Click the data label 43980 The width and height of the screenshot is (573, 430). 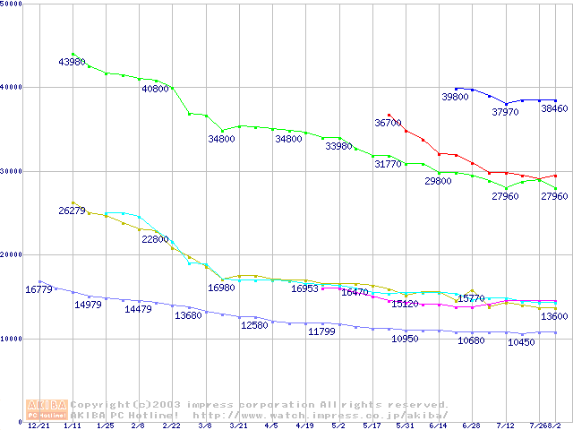point(72,62)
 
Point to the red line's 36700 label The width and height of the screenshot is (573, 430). point(388,123)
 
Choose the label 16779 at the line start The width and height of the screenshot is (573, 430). point(38,289)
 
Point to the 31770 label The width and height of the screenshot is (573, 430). point(388,164)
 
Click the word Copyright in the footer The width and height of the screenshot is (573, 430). point(101,404)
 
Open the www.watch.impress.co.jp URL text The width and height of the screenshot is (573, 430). point(313,415)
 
